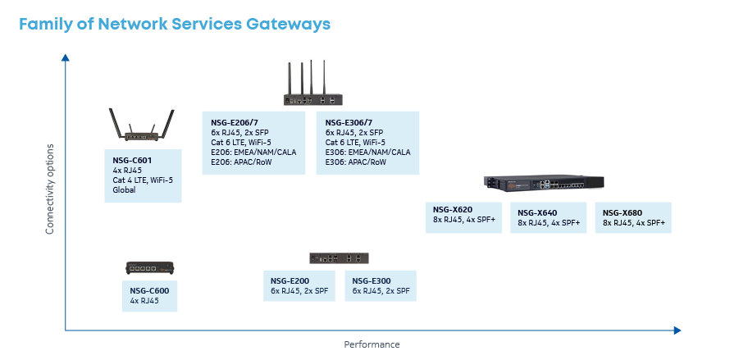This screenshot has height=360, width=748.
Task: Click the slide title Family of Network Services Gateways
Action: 174,24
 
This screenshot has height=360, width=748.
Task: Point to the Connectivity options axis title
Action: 50,190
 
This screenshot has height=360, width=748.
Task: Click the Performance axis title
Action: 372,344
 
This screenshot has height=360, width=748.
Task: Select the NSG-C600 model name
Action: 149,290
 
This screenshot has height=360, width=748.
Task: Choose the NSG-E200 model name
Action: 290,280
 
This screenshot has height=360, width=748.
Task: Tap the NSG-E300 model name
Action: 372,280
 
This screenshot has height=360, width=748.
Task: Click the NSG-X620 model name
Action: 453,209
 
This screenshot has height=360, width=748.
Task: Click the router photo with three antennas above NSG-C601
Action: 142,126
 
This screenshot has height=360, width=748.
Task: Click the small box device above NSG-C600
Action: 150,267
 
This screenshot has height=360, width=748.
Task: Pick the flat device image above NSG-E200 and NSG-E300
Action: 339,257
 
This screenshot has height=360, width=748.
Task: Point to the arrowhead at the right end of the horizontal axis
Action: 677,330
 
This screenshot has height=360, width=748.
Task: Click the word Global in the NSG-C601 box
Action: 124,190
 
